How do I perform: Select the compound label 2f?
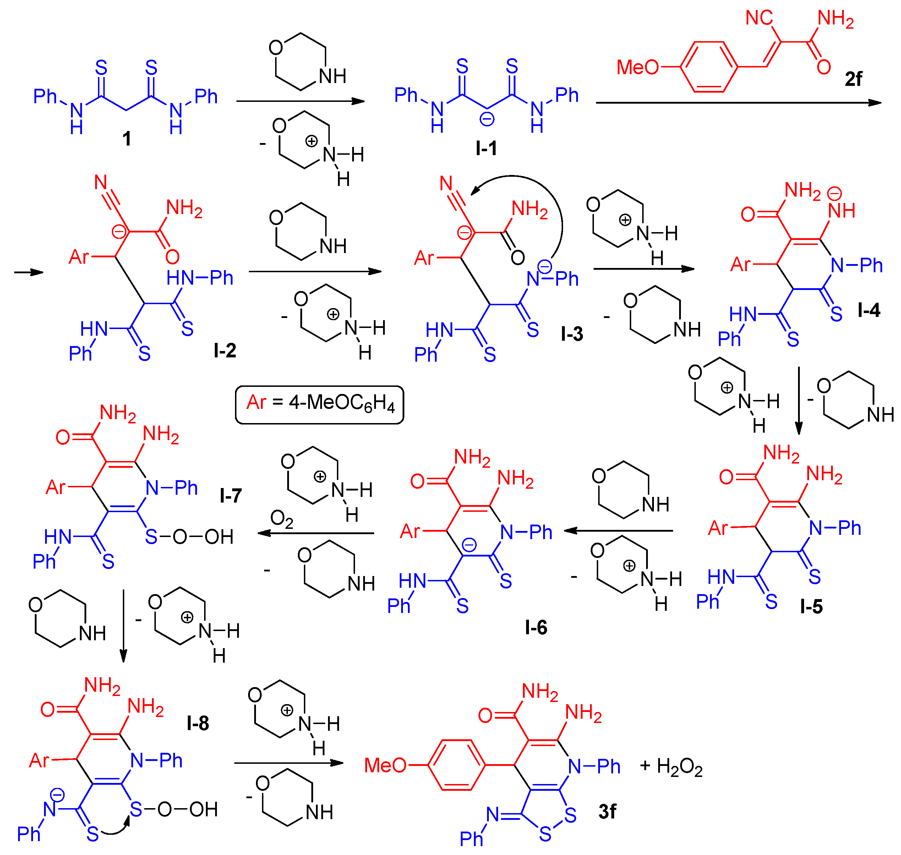pyautogui.click(x=853, y=79)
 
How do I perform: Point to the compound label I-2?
pyautogui.click(x=225, y=350)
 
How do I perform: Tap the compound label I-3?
pyautogui.click(x=572, y=334)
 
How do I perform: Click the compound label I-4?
pyautogui.click(x=869, y=310)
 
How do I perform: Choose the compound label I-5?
pyautogui.click(x=811, y=607)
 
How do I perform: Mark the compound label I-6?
pyautogui.click(x=536, y=627)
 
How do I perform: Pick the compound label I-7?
pyautogui.click(x=231, y=495)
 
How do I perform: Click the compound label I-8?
pyautogui.click(x=198, y=723)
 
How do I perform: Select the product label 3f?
pyautogui.click(x=607, y=812)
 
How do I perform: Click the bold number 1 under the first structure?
pyautogui.click(x=127, y=138)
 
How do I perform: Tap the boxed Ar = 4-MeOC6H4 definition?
pyautogui.click(x=319, y=404)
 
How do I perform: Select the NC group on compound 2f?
pyautogui.click(x=759, y=18)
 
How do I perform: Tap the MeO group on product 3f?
pyautogui.click(x=385, y=765)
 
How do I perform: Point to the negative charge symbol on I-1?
pyautogui.click(x=487, y=119)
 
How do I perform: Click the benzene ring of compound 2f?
pyautogui.click(x=709, y=67)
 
